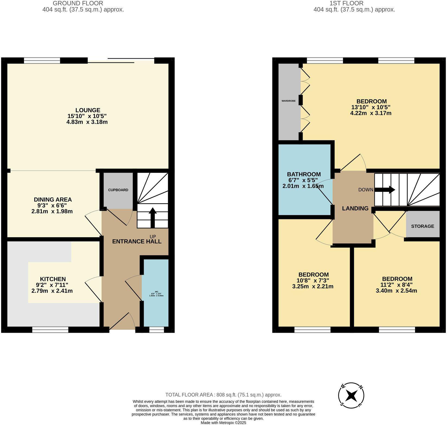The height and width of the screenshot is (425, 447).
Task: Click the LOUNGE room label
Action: pyautogui.click(x=88, y=110)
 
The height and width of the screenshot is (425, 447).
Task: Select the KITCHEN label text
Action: pyautogui.click(x=53, y=279)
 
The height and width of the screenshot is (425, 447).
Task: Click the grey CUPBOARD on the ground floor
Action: pyautogui.click(x=118, y=190)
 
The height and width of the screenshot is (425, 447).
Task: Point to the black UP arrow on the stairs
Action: pyautogui.click(x=152, y=217)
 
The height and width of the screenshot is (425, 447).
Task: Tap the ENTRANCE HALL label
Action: pyautogui.click(x=137, y=241)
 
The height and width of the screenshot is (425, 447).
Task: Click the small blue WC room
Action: pyautogui.click(x=156, y=293)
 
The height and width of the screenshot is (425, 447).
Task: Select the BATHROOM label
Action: pyautogui.click(x=304, y=174)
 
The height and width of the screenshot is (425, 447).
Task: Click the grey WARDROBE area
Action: pyautogui.click(x=288, y=101)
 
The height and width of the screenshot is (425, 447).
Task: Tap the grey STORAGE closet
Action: pyautogui.click(x=422, y=226)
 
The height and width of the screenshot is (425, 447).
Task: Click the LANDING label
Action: pyautogui.click(x=355, y=208)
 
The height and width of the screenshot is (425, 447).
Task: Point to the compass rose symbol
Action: pyautogui.click(x=351, y=395)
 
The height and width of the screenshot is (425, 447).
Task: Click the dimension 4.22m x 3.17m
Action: pyautogui.click(x=371, y=113)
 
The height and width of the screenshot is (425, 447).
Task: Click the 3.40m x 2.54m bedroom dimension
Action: pyautogui.click(x=396, y=291)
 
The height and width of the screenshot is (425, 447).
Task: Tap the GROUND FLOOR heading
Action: pyautogui.click(x=78, y=3)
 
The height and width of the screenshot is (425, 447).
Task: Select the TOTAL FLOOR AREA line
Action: pyautogui.click(x=223, y=395)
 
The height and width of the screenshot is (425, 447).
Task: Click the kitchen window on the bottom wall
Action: pyautogui.click(x=50, y=330)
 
